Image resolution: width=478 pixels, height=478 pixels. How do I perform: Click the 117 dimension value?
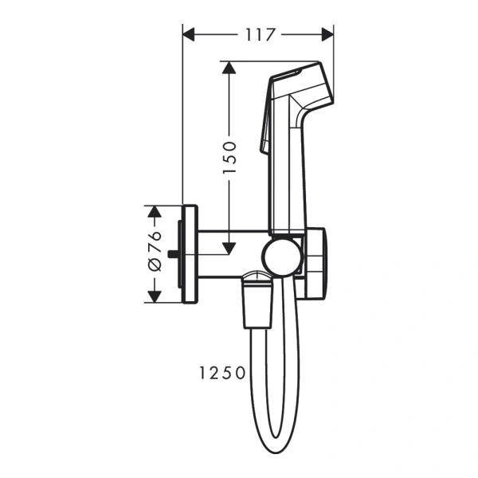click(257, 34)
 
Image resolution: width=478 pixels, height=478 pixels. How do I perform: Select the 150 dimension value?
click(229, 157)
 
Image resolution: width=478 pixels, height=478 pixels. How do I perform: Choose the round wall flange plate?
click(190, 254)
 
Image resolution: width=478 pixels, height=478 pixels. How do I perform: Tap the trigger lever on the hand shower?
click(264, 127)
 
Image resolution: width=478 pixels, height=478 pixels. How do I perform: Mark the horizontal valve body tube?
click(231, 254)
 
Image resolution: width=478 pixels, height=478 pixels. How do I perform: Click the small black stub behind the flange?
click(173, 254)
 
